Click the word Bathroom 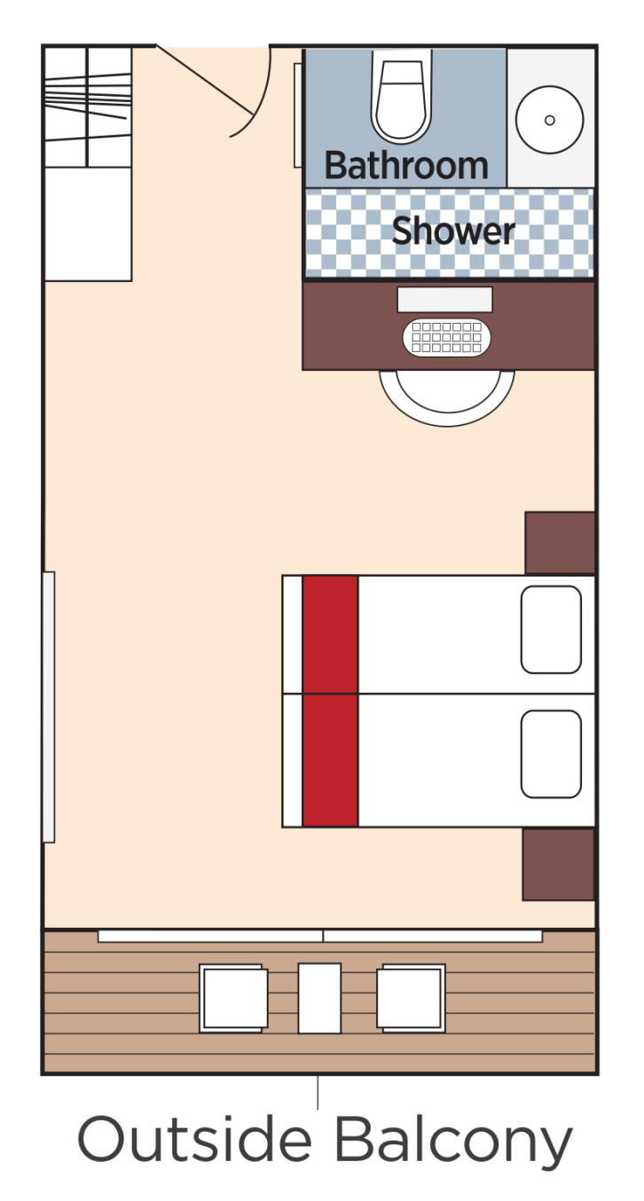(x=406, y=166)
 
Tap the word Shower (x=453, y=232)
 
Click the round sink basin (x=549, y=120)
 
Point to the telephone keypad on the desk (x=446, y=338)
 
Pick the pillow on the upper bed (x=551, y=630)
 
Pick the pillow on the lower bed (x=551, y=753)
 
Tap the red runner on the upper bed (x=330, y=633)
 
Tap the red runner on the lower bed (x=330, y=760)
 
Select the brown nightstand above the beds (x=559, y=542)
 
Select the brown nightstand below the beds (x=558, y=864)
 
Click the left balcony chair (x=233, y=998)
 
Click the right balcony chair (x=411, y=998)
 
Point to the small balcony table (x=319, y=998)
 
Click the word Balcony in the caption (x=452, y=1142)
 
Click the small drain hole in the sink (x=550, y=120)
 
